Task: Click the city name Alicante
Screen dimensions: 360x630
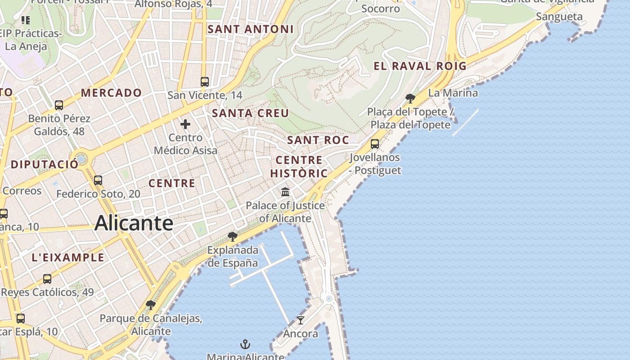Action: pyautogui.click(x=134, y=223)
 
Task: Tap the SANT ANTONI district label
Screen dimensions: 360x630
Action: pyautogui.click(x=250, y=29)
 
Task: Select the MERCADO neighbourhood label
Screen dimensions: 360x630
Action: pyautogui.click(x=111, y=93)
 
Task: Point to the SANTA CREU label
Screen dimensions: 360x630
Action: pyautogui.click(x=250, y=113)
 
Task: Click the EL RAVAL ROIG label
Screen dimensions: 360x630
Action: pyautogui.click(x=420, y=66)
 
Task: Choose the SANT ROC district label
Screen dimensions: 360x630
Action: pyautogui.click(x=318, y=140)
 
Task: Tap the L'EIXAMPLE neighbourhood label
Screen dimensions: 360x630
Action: pyautogui.click(x=68, y=258)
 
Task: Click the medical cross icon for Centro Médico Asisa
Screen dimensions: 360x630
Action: pyautogui.click(x=185, y=124)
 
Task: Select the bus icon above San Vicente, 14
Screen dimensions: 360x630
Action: pyautogui.click(x=205, y=81)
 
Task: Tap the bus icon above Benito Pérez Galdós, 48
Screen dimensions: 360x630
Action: pyautogui.click(x=59, y=105)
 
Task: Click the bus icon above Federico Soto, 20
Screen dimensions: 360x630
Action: pyautogui.click(x=98, y=180)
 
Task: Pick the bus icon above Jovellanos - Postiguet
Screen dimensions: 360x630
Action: pyautogui.click(x=374, y=144)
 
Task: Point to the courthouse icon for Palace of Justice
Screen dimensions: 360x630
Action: pyautogui.click(x=285, y=192)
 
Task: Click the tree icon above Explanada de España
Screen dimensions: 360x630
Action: pyautogui.click(x=232, y=236)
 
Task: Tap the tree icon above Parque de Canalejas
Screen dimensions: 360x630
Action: pyautogui.click(x=151, y=305)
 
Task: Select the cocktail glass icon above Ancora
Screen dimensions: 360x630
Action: pyautogui.click(x=300, y=320)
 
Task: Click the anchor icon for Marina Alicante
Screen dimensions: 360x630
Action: pyautogui.click(x=245, y=345)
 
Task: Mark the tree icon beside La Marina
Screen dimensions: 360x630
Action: pyautogui.click(x=410, y=98)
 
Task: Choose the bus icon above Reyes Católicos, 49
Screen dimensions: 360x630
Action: pyautogui.click(x=47, y=279)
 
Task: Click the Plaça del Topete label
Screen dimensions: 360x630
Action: pyautogui.click(x=410, y=118)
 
